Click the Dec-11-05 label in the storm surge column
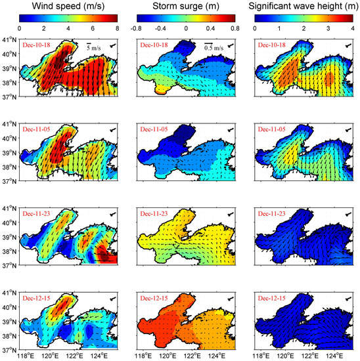156,130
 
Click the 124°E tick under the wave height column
334,356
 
